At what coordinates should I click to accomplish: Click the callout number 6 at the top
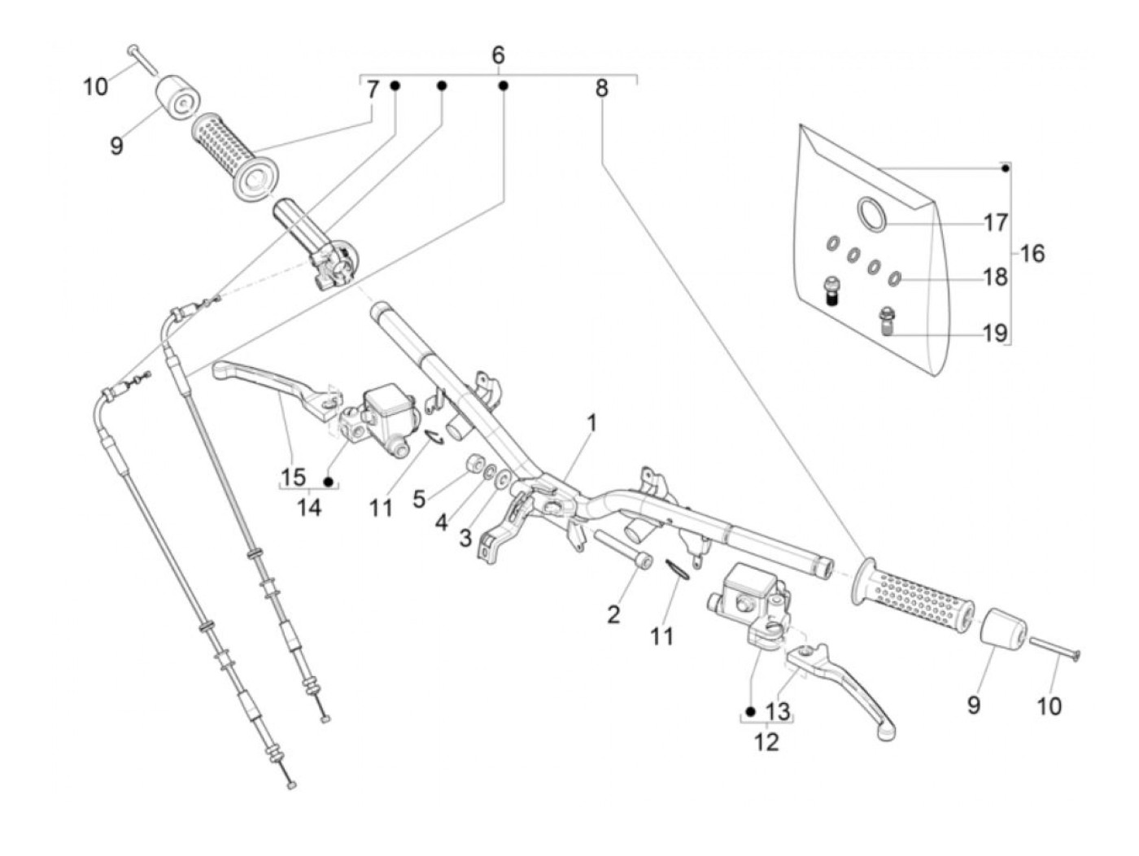click(498, 55)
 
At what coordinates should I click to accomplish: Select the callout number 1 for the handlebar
click(592, 423)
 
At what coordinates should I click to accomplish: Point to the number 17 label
click(996, 222)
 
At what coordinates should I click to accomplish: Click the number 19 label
click(995, 333)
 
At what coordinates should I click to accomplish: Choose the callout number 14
click(308, 508)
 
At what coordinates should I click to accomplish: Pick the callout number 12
click(766, 741)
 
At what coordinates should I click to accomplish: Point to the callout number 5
click(418, 498)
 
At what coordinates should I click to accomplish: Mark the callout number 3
click(465, 538)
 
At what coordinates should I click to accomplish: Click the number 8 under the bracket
click(601, 88)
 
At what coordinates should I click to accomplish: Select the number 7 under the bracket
click(373, 90)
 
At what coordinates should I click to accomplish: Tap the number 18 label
click(995, 277)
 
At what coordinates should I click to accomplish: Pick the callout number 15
click(293, 477)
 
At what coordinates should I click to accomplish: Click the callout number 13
click(778, 712)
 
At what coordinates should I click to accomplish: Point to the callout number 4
click(441, 522)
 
